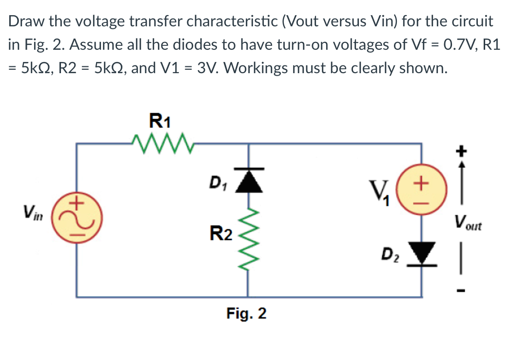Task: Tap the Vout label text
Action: point(467,225)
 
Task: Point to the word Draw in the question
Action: point(24,21)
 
